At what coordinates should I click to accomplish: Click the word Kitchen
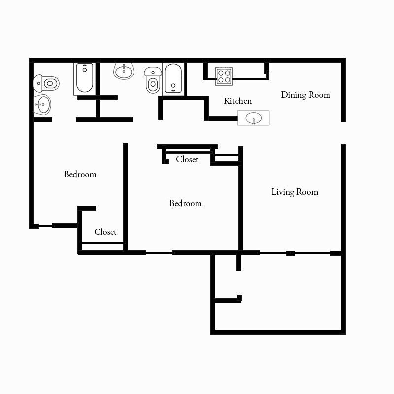[237, 101]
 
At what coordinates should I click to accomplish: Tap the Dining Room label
[305, 95]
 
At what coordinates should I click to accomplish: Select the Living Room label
[295, 192]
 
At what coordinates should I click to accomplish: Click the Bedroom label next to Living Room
[185, 203]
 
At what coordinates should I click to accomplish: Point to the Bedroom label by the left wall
[80, 174]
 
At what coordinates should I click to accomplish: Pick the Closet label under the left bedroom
[105, 232]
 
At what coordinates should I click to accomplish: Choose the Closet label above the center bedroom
[187, 159]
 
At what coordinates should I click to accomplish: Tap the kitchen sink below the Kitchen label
[254, 118]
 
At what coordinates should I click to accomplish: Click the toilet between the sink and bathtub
[153, 81]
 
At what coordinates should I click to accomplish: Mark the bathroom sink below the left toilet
[42, 104]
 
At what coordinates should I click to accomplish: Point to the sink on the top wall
[124, 71]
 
